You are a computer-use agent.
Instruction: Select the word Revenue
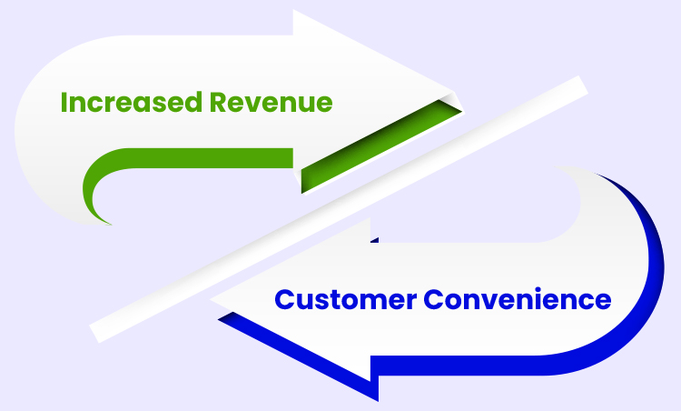[x=282, y=102]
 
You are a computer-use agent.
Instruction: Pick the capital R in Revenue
[x=241, y=102]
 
